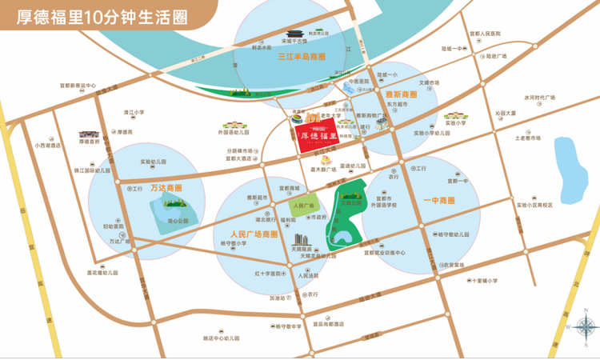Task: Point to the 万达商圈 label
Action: pos(166,190)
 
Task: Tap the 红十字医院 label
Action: pos(270,274)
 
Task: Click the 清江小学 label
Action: pos(133,113)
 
